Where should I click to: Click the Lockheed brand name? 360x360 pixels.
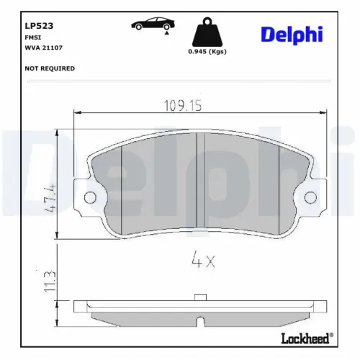(x=304, y=337)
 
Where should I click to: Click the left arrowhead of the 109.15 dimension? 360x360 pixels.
(x=78, y=112)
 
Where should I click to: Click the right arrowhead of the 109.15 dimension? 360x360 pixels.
(x=322, y=112)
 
